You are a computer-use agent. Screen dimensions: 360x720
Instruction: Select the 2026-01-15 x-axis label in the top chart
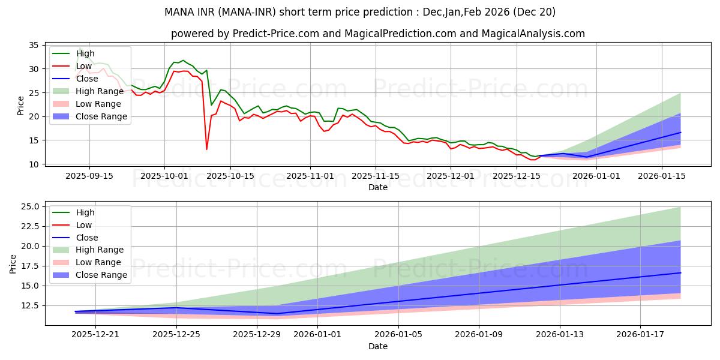click(661, 176)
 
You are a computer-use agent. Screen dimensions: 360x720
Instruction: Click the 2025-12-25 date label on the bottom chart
click(176, 335)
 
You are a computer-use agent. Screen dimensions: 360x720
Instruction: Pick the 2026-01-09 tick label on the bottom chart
click(479, 335)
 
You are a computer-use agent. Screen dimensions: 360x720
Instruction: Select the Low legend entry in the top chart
click(84, 66)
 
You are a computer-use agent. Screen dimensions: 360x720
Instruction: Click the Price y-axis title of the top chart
click(21, 105)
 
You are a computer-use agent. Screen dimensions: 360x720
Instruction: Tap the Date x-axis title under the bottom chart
click(378, 346)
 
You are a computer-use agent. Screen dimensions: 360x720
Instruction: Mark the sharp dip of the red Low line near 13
click(207, 149)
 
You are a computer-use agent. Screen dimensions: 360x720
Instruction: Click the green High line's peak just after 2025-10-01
click(183, 61)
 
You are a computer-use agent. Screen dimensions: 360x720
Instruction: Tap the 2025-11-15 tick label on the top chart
click(376, 176)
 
